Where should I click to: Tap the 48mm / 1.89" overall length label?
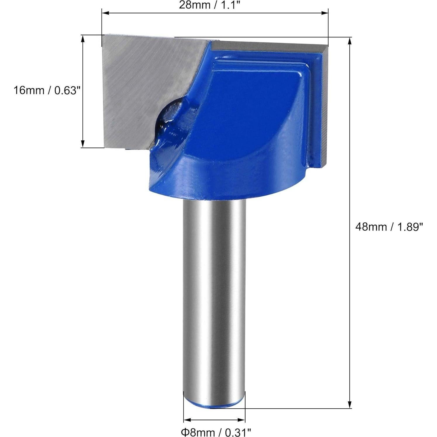click(389, 227)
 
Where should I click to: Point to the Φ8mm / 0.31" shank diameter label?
click(216, 431)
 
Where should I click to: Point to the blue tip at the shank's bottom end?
click(214, 405)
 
